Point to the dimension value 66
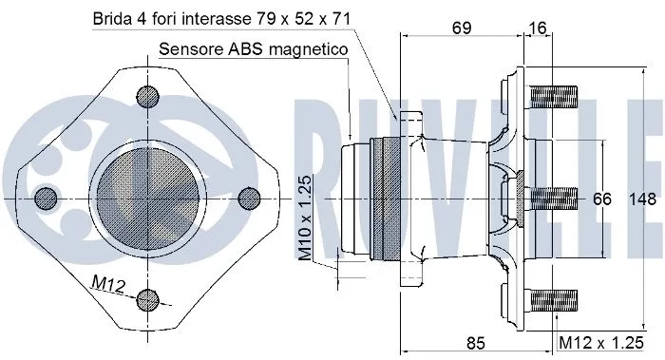[x=602, y=199]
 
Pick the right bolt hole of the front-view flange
[x=249, y=197]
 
